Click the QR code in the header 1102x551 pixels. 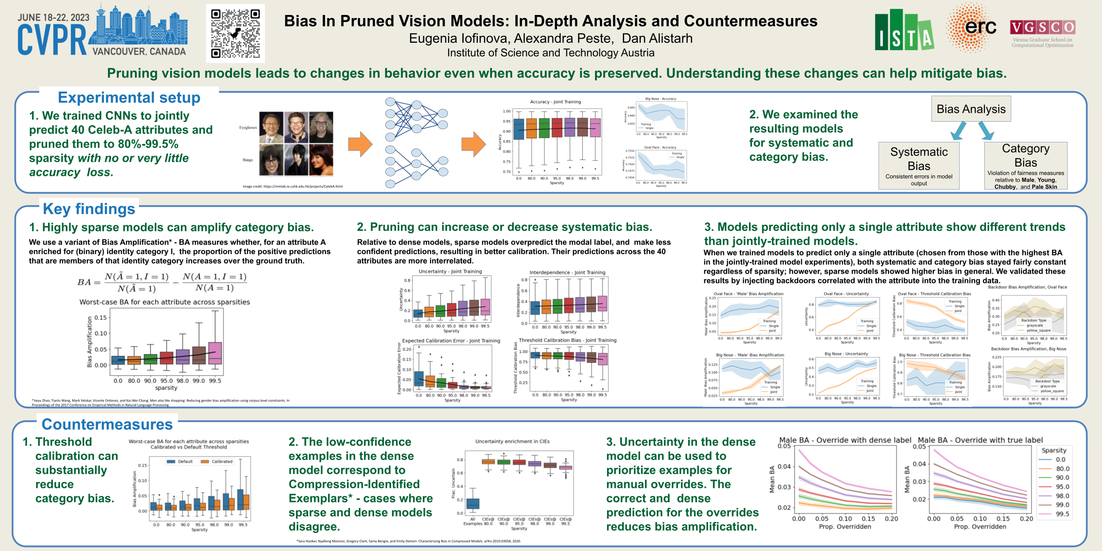coord(235,34)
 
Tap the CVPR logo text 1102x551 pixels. coord(52,40)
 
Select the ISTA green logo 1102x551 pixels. coord(904,30)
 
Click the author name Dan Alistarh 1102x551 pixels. coord(657,39)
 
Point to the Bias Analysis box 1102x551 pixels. coord(971,109)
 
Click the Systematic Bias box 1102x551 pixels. coord(919,166)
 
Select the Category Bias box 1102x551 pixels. coord(1025,166)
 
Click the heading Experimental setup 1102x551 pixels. coord(129,97)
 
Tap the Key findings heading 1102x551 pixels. coord(89,209)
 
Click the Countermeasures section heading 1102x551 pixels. coord(107,424)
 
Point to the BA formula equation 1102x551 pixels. coord(162,283)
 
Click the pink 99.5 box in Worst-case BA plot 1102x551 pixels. coord(215,353)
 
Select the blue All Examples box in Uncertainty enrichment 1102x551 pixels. coord(473,503)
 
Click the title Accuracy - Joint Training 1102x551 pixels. coord(555,102)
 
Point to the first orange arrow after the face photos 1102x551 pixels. coord(360,144)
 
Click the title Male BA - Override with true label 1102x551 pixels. coord(980,440)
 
